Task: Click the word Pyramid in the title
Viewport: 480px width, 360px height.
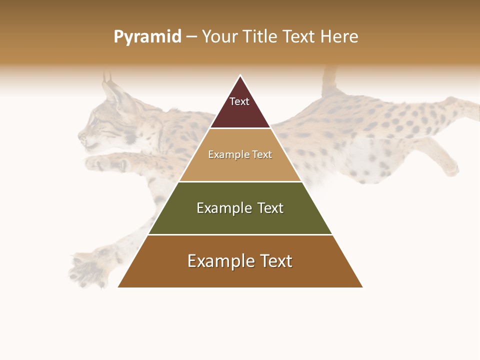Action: (x=147, y=36)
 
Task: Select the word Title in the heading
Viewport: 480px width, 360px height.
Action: (x=260, y=36)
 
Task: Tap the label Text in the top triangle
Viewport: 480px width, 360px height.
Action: (x=239, y=101)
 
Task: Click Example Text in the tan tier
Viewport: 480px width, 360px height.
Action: (x=240, y=154)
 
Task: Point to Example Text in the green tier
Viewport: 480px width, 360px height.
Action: (x=240, y=208)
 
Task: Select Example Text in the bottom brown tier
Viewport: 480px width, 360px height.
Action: (x=240, y=261)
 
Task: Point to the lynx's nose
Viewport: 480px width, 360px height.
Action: (x=80, y=135)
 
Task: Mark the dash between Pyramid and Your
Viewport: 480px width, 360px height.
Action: (x=191, y=37)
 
